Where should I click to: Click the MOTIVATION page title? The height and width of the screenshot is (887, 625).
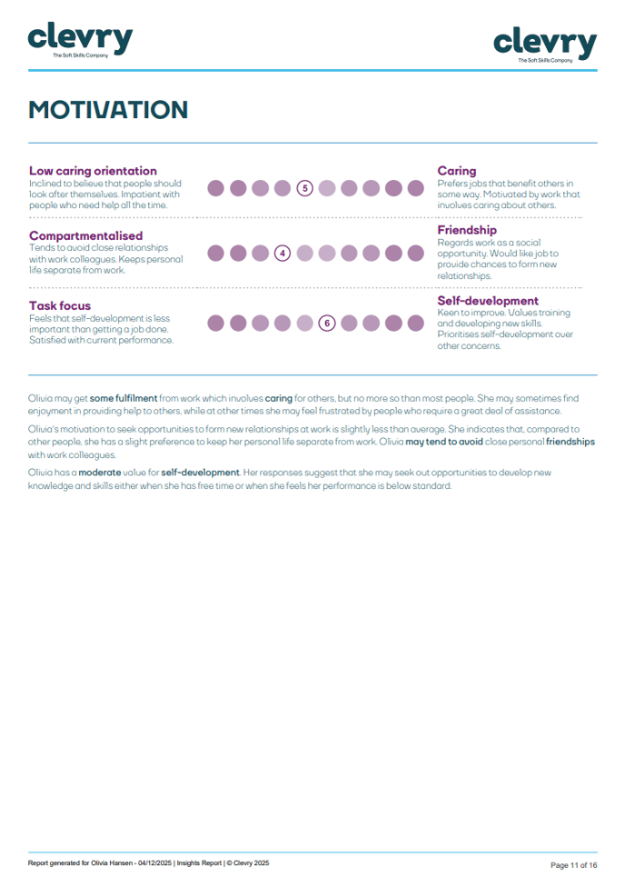tap(108, 110)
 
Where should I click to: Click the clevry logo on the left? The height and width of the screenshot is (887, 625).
tap(80, 39)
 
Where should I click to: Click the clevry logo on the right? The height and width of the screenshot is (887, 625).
tap(545, 43)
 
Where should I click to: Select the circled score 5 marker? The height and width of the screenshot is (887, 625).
tap(305, 188)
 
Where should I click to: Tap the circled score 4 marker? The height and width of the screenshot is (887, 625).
tap(283, 254)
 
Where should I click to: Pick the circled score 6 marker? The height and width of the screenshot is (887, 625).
tap(327, 323)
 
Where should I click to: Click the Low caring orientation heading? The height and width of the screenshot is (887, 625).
tap(93, 171)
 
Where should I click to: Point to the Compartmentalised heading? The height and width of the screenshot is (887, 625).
tap(85, 235)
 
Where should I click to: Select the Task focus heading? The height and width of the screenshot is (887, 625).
tap(60, 305)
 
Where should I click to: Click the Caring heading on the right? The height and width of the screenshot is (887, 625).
tap(456, 171)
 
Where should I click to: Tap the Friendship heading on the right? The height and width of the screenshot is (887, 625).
tap(467, 230)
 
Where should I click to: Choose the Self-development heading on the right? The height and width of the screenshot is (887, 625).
tap(488, 301)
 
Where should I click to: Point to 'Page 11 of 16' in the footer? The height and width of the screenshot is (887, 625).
tap(574, 865)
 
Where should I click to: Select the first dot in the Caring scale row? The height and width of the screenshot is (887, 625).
tap(216, 188)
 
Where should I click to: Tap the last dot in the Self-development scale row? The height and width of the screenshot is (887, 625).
tap(416, 323)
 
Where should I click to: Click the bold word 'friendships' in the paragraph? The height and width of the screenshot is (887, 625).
tap(570, 442)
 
